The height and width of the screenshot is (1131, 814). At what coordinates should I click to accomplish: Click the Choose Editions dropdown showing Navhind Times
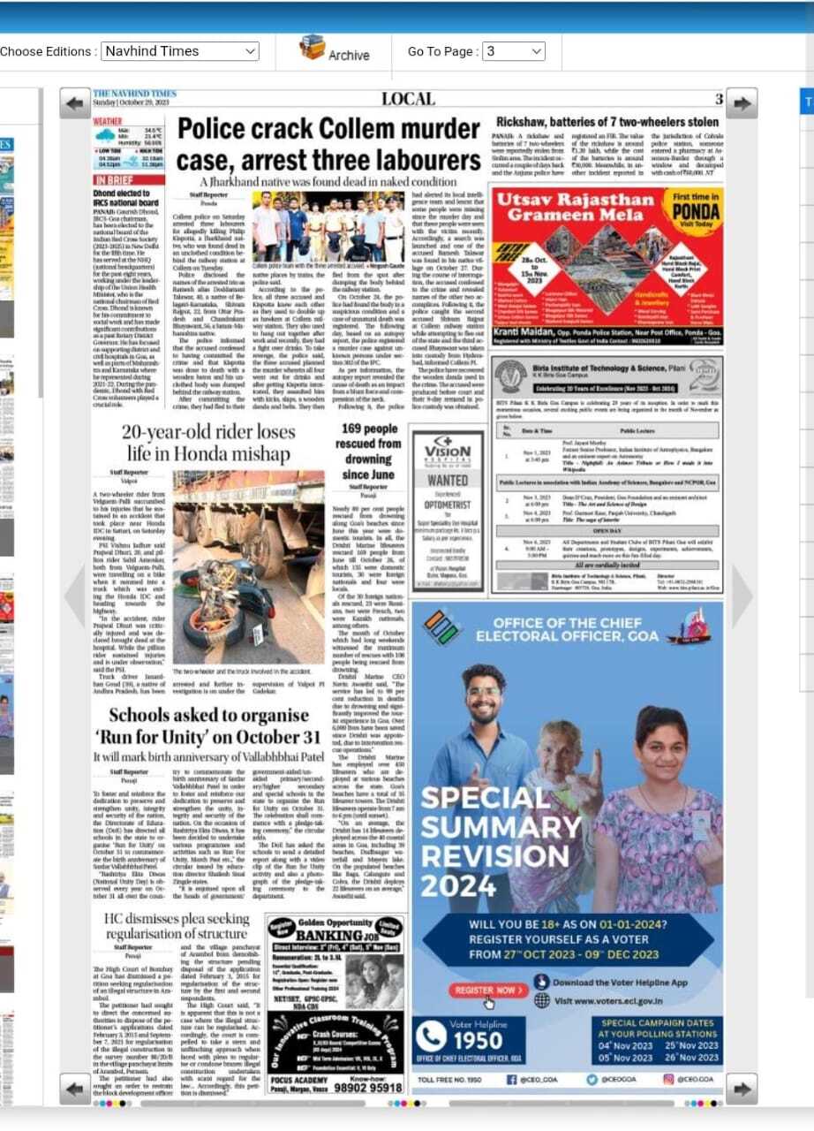pyautogui.click(x=180, y=51)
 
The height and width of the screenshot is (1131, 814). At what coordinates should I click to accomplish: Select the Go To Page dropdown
pyautogui.click(x=513, y=51)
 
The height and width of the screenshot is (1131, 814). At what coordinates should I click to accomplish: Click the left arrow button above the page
pyautogui.click(x=75, y=103)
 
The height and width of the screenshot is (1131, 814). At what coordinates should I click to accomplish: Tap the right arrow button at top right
pyautogui.click(x=741, y=103)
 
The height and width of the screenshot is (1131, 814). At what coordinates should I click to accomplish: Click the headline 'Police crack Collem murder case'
pyautogui.click(x=328, y=145)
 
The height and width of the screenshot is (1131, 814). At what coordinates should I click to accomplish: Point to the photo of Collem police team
pyautogui.click(x=328, y=226)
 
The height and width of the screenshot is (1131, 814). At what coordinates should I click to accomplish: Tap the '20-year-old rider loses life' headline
pyautogui.click(x=208, y=443)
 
